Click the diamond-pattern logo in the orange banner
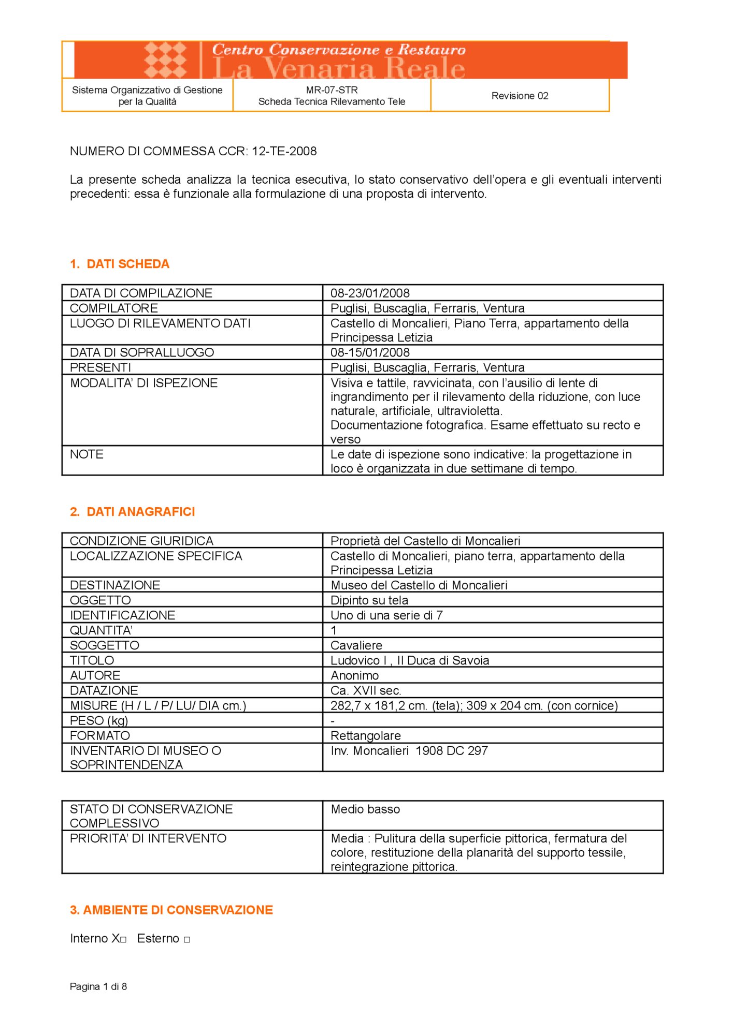tap(165, 60)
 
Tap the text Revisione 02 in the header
tap(520, 96)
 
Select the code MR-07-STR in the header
tap(332, 90)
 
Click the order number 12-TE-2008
tap(284, 151)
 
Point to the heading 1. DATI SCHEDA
tap(120, 264)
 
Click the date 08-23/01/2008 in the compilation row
tap(370, 293)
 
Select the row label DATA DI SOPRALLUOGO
tap(142, 352)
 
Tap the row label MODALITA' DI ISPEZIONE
tap(144, 383)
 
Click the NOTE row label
tap(87, 454)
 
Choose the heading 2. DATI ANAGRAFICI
tap(133, 512)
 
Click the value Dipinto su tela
tap(369, 600)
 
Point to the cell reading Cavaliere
tap(356, 645)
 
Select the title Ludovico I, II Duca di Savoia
tap(410, 660)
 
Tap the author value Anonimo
tap(355, 675)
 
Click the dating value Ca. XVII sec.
tap(366, 690)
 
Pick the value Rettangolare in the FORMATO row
tap(366, 735)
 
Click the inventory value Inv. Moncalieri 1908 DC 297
tap(409, 751)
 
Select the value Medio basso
tap(365, 809)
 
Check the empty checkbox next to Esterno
tap(187, 939)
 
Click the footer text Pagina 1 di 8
tap(98, 986)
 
